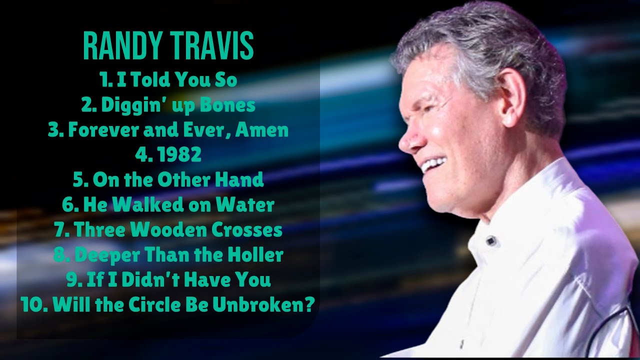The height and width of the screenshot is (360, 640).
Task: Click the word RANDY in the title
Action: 118,46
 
